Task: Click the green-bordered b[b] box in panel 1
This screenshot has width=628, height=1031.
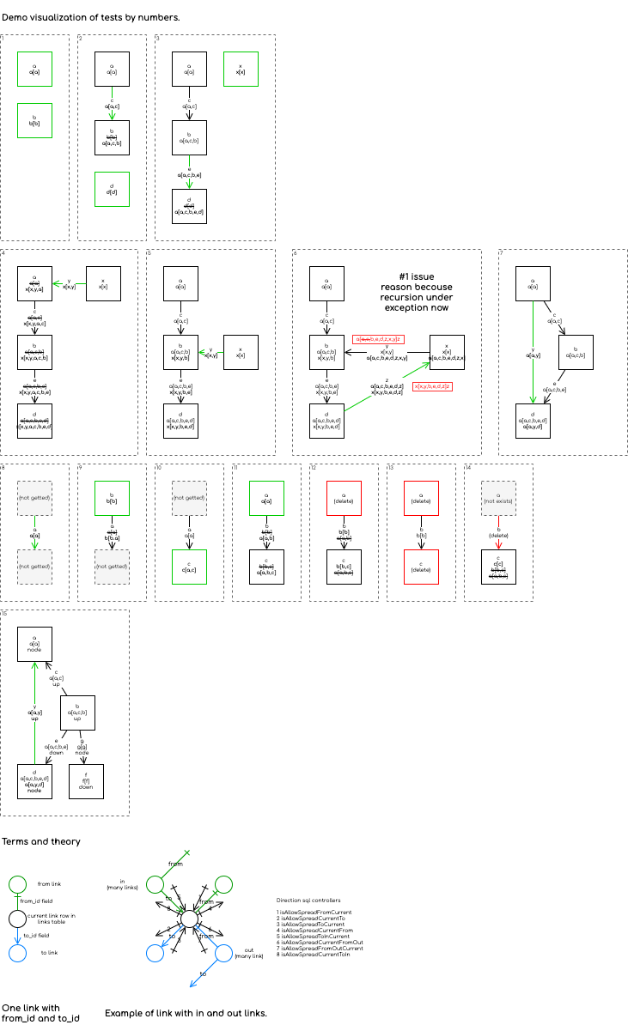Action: (x=34, y=121)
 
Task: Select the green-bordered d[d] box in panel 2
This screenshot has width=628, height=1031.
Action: (x=112, y=190)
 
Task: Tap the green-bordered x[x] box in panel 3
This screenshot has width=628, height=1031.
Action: (x=241, y=70)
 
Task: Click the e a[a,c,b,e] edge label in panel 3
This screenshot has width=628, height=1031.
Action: (x=189, y=173)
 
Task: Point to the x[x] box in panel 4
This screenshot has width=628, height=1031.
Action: (x=103, y=284)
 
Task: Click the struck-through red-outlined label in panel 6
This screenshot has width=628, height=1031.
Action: (x=378, y=339)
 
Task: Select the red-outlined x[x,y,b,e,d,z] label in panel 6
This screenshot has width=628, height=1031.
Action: (x=432, y=387)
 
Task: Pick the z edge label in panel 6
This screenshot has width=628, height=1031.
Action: (x=387, y=387)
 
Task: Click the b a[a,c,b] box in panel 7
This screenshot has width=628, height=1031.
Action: (x=576, y=353)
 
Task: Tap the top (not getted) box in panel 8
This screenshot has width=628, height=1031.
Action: (x=34, y=499)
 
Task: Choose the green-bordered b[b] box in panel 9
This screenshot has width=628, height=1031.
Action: (x=112, y=499)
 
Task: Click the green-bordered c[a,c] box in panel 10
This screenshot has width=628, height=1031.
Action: (x=189, y=567)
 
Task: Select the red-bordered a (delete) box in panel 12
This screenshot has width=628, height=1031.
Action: (x=344, y=499)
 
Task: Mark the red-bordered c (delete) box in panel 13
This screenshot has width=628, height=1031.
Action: (x=421, y=567)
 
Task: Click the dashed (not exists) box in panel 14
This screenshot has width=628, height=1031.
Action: (x=498, y=499)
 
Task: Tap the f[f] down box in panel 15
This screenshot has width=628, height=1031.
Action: (x=86, y=782)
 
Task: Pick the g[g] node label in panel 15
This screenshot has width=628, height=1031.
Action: (x=82, y=748)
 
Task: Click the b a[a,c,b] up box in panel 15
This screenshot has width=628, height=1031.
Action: (x=77, y=713)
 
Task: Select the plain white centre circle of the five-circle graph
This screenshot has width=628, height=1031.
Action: (x=189, y=919)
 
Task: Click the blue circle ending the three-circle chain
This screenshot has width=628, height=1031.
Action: (x=17, y=954)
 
